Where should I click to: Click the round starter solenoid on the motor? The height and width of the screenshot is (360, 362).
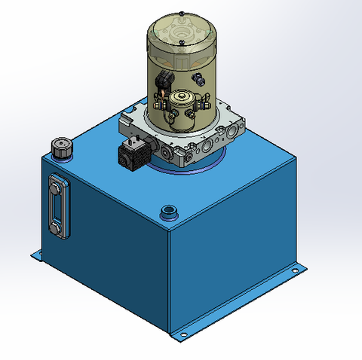pos(182,100)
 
